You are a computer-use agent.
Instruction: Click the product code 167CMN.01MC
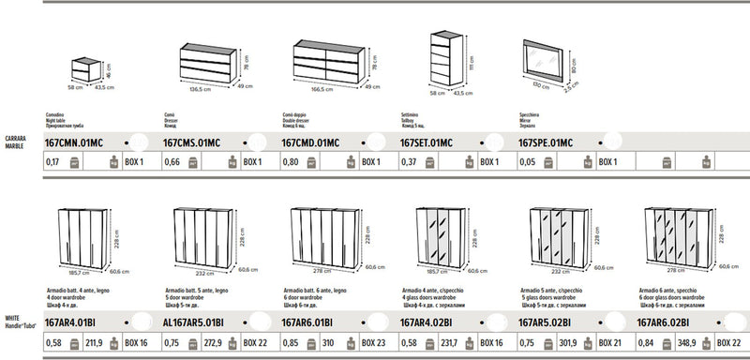coord(72,142)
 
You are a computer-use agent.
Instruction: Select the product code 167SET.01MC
coord(427,142)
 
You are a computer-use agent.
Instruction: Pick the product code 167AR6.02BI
coord(667,323)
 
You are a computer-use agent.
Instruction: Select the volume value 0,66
coord(172,162)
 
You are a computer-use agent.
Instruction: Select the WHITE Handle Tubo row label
coord(19,323)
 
